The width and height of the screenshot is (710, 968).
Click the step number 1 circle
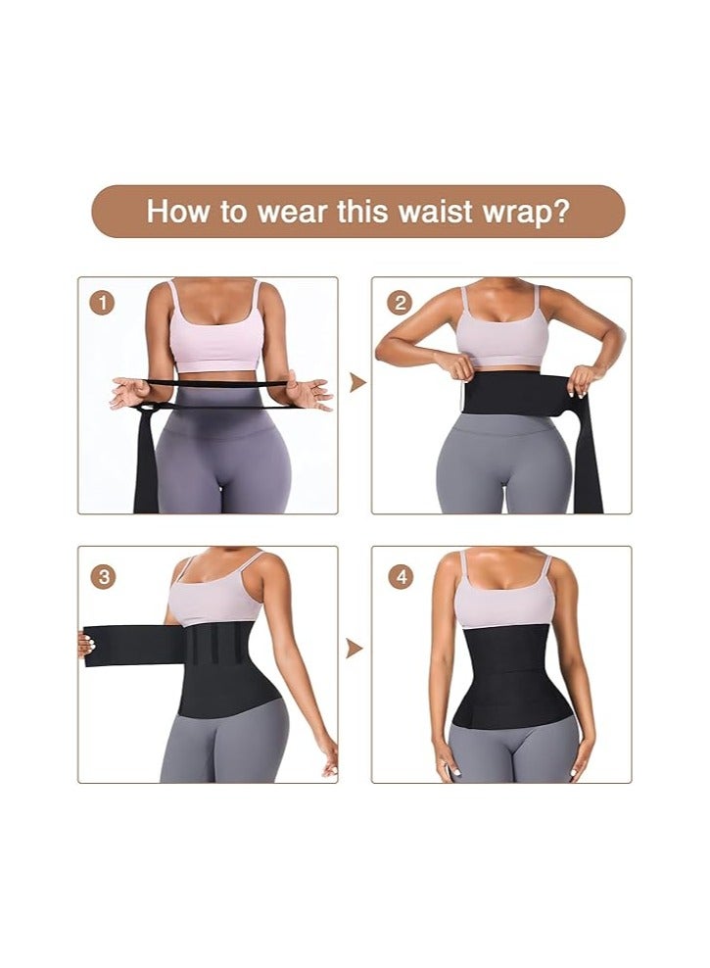(105, 303)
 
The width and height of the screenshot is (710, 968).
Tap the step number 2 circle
(399, 303)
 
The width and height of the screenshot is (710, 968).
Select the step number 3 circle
(105, 576)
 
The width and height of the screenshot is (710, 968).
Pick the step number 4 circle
(399, 576)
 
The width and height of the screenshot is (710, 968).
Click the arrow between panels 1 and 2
(356, 382)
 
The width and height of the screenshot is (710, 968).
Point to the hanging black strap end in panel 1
(147, 460)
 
